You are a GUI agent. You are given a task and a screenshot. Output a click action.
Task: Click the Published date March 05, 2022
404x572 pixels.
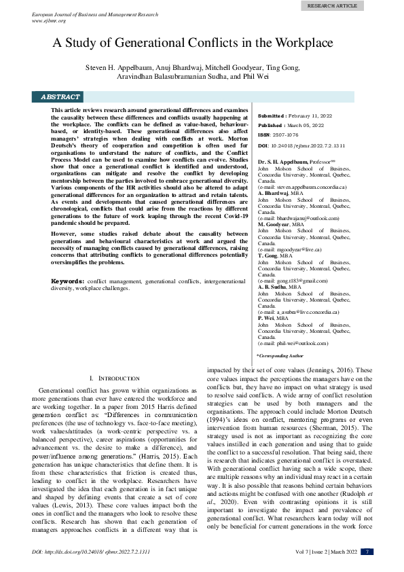pyautogui.click(x=306, y=126)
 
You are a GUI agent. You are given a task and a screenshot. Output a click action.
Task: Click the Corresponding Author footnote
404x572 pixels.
pyautogui.click(x=280, y=356)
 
